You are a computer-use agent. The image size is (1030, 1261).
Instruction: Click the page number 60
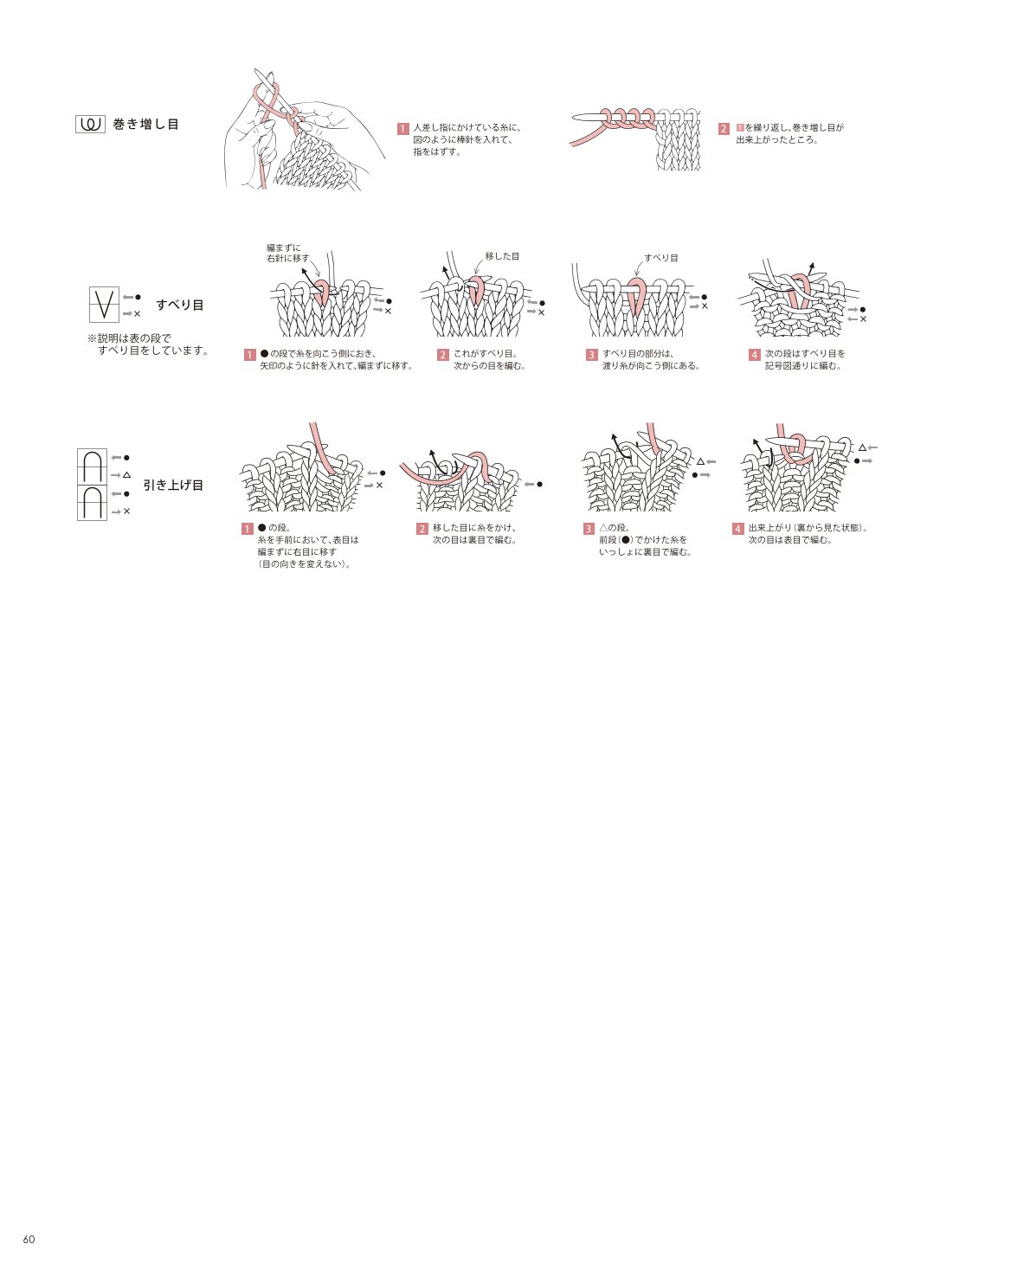29,1238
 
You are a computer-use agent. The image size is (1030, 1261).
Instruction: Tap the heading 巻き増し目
146,125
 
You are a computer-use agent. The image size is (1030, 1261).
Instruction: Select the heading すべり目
180,305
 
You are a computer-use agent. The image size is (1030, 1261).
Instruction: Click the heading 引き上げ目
173,485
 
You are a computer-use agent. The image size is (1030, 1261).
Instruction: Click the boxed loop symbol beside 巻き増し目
90,125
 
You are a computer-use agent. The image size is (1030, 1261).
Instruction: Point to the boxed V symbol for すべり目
104,305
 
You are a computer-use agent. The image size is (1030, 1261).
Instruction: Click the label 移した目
502,256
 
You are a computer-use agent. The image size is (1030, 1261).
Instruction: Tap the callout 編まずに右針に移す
287,253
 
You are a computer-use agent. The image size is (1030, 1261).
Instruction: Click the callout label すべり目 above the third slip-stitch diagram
661,258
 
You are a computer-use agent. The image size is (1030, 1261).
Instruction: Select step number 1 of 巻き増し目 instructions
403,129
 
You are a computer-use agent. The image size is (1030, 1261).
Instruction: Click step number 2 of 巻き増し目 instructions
724,129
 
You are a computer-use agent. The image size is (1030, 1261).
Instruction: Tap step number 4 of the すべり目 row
754,355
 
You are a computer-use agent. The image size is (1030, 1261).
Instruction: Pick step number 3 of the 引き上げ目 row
589,529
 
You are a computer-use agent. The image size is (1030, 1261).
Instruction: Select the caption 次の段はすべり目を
804,353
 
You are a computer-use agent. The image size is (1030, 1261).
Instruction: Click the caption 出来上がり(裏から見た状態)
808,528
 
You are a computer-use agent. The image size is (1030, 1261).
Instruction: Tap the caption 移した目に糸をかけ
474,528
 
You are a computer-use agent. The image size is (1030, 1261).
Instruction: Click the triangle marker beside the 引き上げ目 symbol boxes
126,475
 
